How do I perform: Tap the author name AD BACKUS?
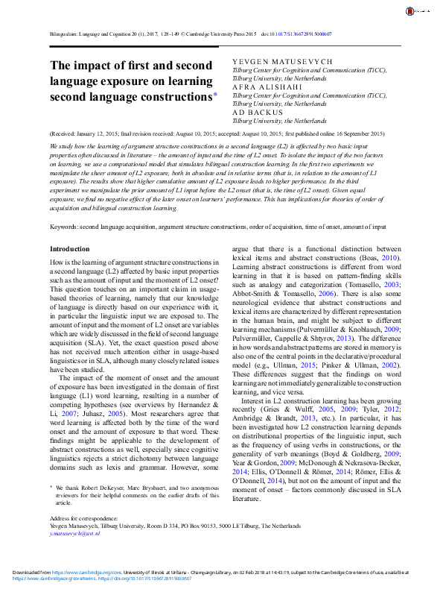point(251,113)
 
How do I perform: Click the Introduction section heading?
point(69,248)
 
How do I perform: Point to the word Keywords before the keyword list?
point(63,225)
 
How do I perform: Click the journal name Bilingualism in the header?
point(66,34)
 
